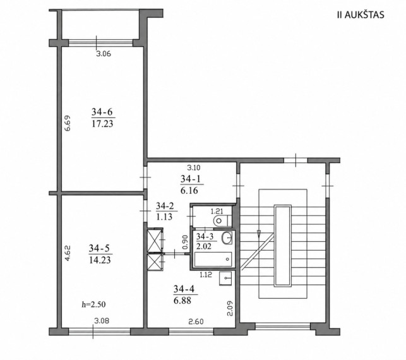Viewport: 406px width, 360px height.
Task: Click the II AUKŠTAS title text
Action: point(361,15)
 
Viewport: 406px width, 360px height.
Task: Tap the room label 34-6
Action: point(102,112)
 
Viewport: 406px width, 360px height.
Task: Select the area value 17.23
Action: point(102,124)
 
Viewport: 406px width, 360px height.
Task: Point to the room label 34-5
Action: point(99,248)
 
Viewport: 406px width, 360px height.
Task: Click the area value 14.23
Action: point(100,260)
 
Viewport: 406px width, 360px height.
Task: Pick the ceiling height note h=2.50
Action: point(93,304)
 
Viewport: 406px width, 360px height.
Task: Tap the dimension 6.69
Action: point(68,123)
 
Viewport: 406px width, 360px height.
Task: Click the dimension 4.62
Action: point(68,253)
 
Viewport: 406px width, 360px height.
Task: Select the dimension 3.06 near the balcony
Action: point(104,54)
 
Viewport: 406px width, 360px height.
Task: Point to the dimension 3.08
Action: point(102,321)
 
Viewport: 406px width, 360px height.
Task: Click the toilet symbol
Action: point(222,220)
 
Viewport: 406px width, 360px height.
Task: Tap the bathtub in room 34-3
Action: point(213,259)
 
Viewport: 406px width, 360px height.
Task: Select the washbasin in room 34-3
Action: point(227,237)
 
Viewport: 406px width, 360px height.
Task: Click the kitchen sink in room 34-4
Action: point(225,279)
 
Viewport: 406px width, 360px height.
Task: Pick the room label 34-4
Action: point(184,289)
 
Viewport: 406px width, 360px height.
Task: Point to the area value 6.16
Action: point(189,191)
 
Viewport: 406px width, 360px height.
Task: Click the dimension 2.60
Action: point(196,322)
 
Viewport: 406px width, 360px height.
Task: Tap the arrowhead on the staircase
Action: point(258,234)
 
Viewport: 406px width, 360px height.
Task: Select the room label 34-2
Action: point(165,206)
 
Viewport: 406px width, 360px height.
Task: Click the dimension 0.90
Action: point(185,242)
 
